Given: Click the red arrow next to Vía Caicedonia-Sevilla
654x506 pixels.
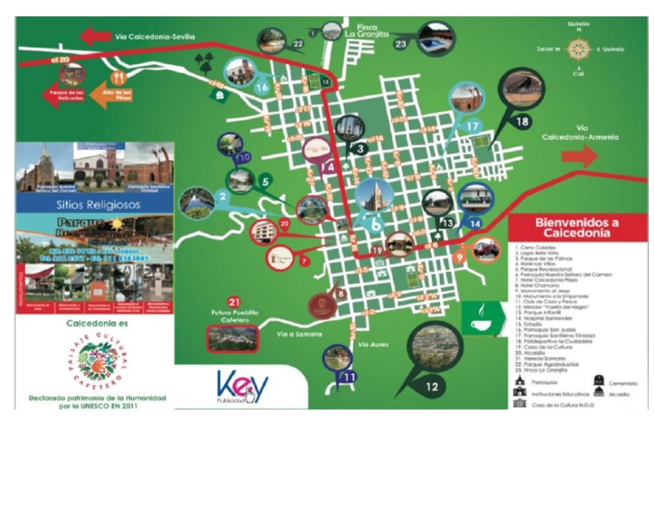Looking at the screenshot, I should click(95, 36).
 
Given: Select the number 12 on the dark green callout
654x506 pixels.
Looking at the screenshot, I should click(432, 386).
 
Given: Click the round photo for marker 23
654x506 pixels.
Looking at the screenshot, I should click(436, 39).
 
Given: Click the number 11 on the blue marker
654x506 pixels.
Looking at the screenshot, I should click(348, 377).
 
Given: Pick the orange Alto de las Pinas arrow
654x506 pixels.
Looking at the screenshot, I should click(110, 95).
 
